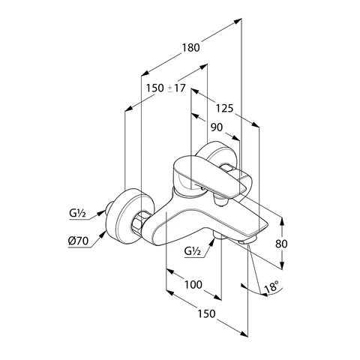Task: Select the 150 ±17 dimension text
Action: tap(164, 88)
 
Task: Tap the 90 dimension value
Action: tap(216, 127)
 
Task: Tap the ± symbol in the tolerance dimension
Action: tap(169, 88)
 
